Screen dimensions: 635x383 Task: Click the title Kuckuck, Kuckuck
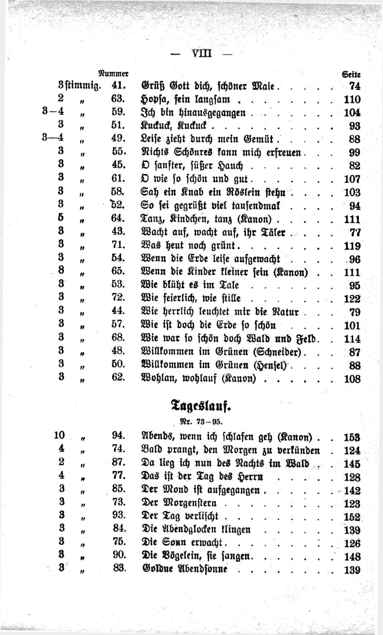[174, 126]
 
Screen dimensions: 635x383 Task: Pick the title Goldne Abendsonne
[184, 569]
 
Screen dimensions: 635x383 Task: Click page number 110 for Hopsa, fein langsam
[352, 100]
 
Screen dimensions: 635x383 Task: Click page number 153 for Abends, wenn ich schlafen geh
[352, 437]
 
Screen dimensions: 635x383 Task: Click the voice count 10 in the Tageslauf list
[59, 435]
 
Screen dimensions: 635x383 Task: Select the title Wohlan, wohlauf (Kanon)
[198, 378]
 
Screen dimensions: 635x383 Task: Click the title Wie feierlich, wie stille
[191, 298]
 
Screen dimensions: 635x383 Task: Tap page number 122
[352, 299]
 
